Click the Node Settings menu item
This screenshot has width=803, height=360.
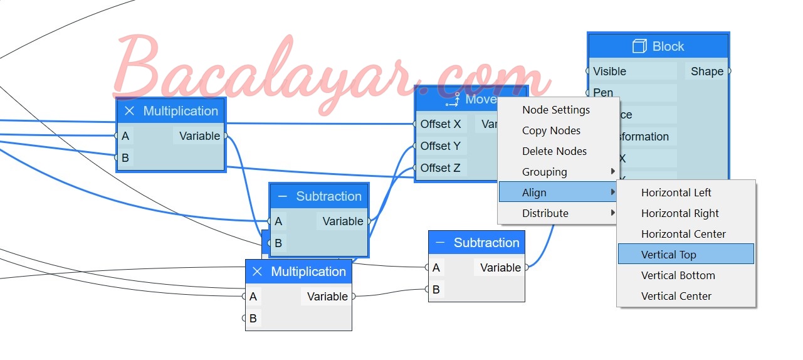(556, 110)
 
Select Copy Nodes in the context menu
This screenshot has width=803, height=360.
(551, 130)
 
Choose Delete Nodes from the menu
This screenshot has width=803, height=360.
(554, 151)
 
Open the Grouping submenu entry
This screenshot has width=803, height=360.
(544, 172)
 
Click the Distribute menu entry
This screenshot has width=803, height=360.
(545, 213)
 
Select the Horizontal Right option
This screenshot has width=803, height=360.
(680, 213)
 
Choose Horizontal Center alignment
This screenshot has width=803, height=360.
(683, 234)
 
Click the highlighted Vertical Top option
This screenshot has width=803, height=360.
(668, 255)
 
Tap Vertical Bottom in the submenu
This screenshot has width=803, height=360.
(678, 275)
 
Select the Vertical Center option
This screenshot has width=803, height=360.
(676, 296)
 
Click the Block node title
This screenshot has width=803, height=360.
(668, 46)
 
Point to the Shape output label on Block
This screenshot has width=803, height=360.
(707, 71)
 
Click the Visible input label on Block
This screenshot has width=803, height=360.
(609, 71)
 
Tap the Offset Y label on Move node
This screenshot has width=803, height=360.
(440, 146)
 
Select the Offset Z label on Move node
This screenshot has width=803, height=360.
(440, 168)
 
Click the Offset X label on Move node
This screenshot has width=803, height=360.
(440, 124)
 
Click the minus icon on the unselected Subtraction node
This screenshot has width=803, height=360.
(440, 243)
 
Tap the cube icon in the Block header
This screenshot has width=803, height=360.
(639, 46)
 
